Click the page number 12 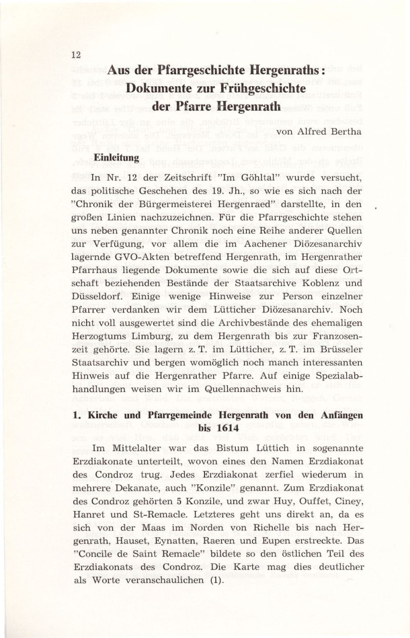pyautogui.click(x=75, y=55)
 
